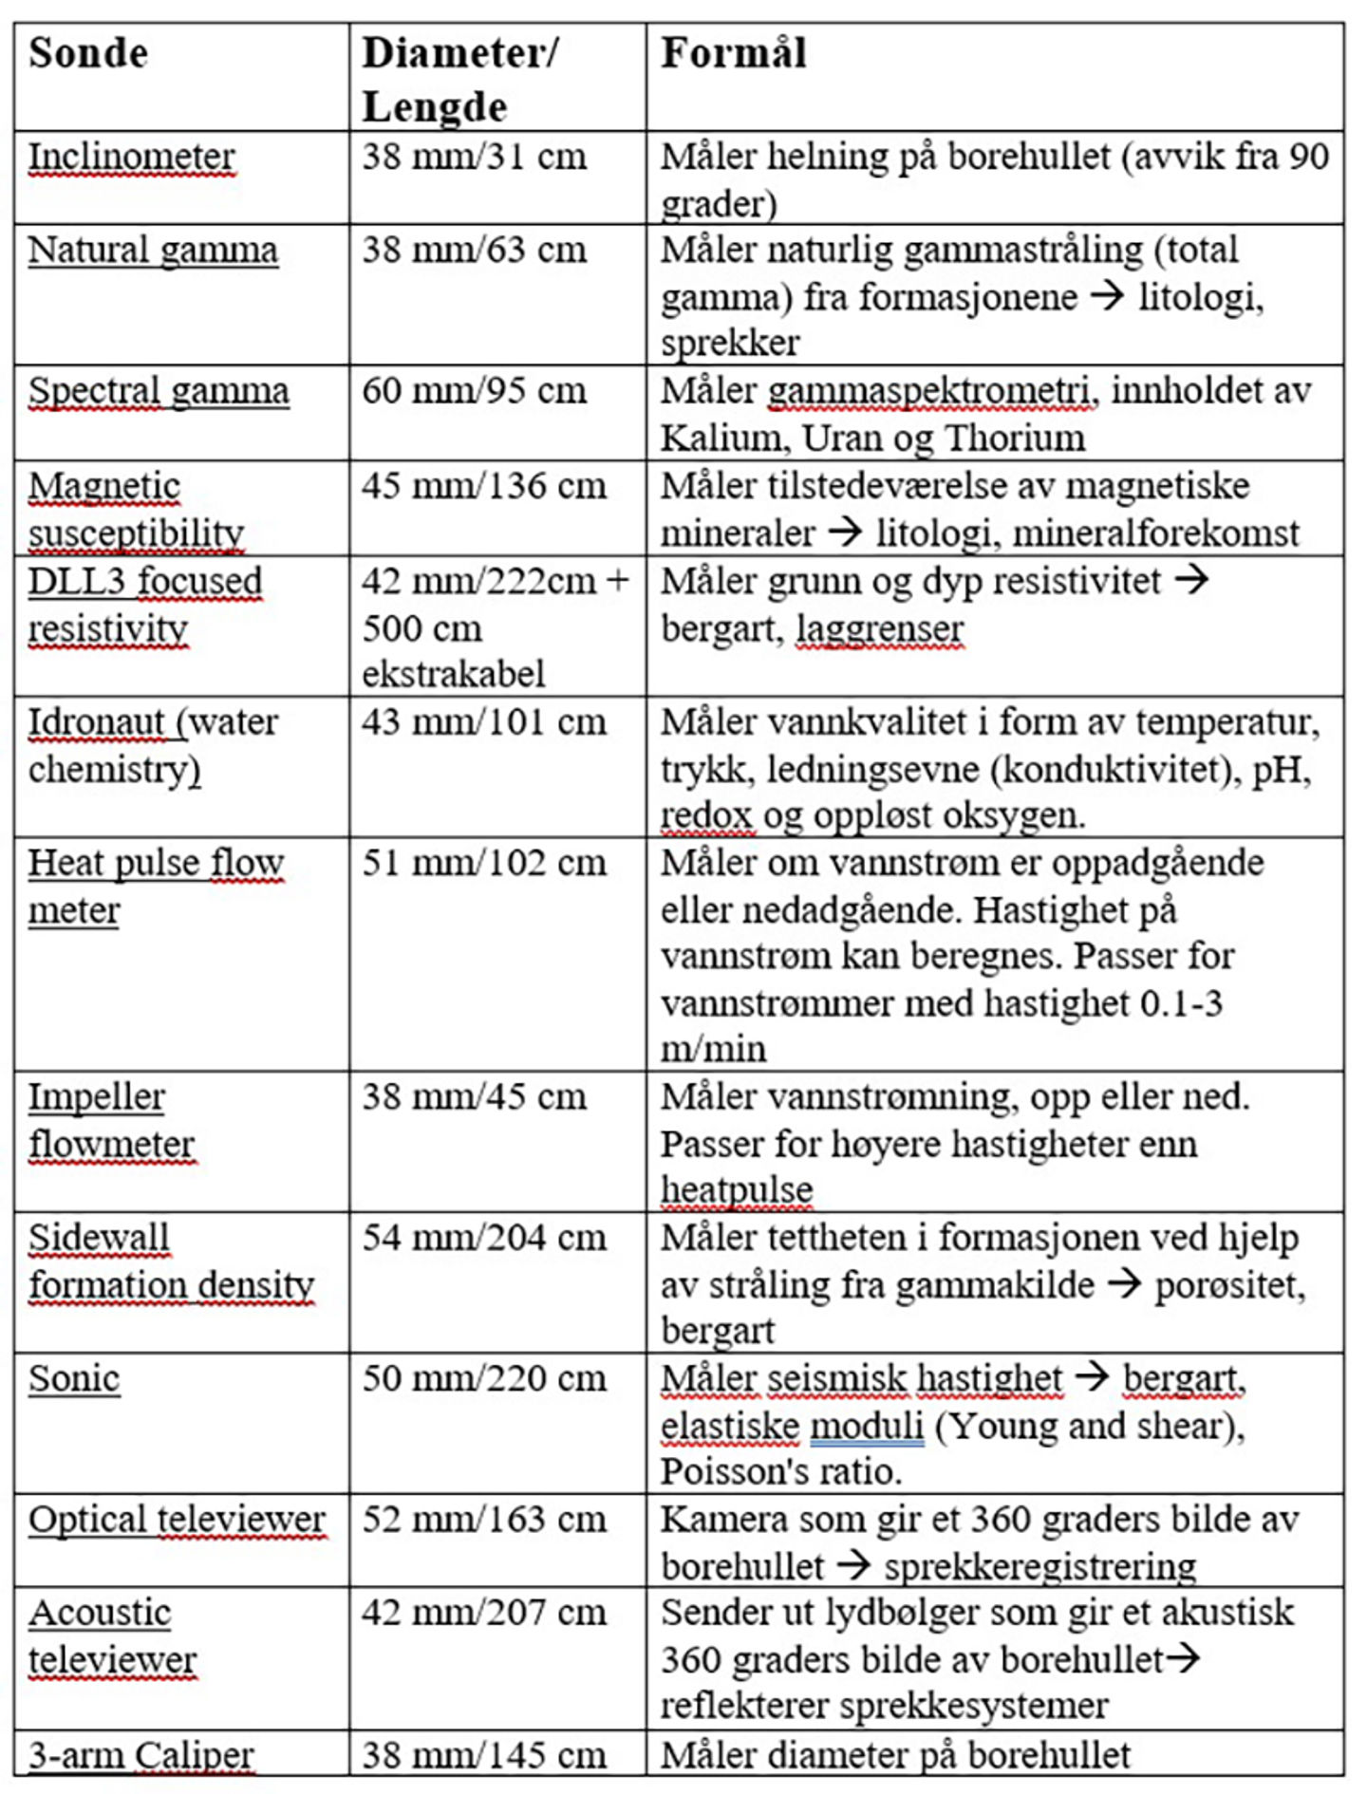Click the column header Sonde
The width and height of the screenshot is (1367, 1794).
88,54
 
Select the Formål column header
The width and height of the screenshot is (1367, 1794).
733,54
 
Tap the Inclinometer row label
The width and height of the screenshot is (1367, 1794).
131,158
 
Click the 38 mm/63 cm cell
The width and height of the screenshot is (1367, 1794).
474,251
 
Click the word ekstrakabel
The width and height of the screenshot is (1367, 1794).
453,674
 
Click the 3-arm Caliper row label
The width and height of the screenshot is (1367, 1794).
140,1755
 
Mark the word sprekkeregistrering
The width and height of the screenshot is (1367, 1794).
1039,1566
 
